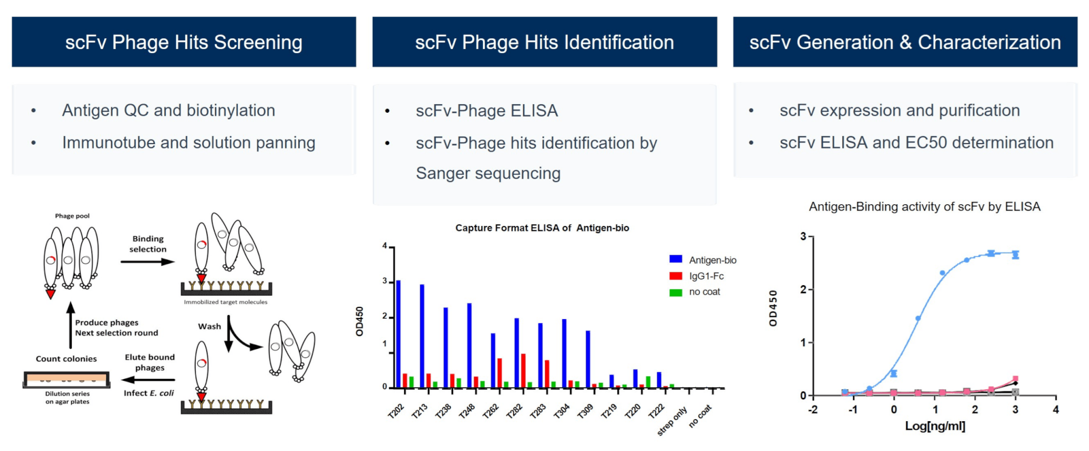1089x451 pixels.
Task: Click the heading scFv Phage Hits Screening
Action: [x=183, y=43]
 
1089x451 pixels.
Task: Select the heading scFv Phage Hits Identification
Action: [x=544, y=43]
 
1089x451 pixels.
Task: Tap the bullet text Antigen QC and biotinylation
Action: [x=169, y=110]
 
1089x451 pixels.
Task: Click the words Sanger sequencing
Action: [x=488, y=173]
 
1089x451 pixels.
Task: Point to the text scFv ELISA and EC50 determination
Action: [x=916, y=143]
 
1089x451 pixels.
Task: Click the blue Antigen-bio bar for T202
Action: [x=398, y=334]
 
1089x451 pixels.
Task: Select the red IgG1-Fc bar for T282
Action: [x=523, y=371]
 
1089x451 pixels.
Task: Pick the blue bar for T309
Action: [x=588, y=359]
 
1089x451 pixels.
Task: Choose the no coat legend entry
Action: [x=695, y=292]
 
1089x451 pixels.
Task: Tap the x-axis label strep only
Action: [x=672, y=421]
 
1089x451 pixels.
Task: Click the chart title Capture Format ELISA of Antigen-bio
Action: [x=542, y=228]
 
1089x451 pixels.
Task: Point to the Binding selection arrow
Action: [x=147, y=262]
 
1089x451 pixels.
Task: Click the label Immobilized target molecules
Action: [x=225, y=302]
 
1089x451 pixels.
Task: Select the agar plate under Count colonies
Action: [x=66, y=379]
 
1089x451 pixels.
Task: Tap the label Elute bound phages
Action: [x=149, y=362]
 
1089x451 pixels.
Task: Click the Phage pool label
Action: [x=72, y=216]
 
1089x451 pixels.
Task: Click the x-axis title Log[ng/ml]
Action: [x=935, y=426]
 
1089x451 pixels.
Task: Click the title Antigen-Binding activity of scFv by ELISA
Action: [x=925, y=207]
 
